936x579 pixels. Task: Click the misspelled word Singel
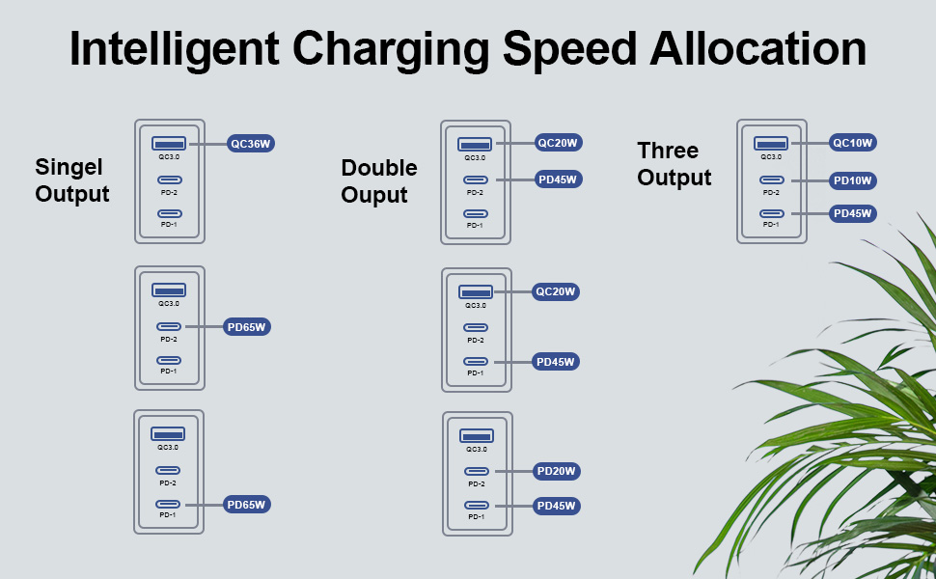point(69,166)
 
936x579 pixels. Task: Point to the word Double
point(379,168)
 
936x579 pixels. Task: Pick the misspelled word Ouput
point(374,195)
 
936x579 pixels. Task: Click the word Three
point(668,151)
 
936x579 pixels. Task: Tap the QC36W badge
point(251,144)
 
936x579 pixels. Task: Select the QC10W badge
point(852,143)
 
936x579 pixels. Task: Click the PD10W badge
point(852,180)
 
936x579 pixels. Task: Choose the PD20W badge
point(556,472)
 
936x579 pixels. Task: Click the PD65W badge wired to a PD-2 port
point(247,327)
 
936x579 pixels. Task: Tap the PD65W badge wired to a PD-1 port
point(246,504)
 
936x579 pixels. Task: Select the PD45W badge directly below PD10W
point(852,213)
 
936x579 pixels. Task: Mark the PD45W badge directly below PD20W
point(556,506)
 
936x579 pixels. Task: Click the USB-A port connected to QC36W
point(169,143)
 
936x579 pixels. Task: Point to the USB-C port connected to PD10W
point(771,179)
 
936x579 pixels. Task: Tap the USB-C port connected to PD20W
point(477,471)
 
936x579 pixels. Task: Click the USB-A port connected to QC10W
point(771,143)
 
